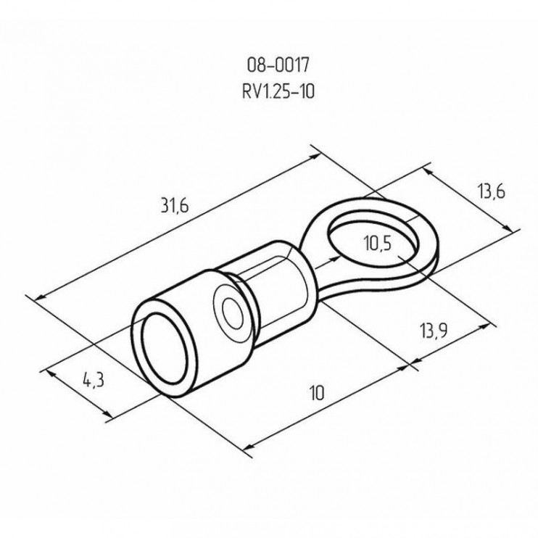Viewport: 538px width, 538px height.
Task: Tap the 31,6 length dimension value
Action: [175, 206]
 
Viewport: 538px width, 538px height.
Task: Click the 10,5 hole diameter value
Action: [376, 244]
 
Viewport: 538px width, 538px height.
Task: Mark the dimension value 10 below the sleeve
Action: [315, 393]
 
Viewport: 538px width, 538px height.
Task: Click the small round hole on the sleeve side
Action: [232, 312]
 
